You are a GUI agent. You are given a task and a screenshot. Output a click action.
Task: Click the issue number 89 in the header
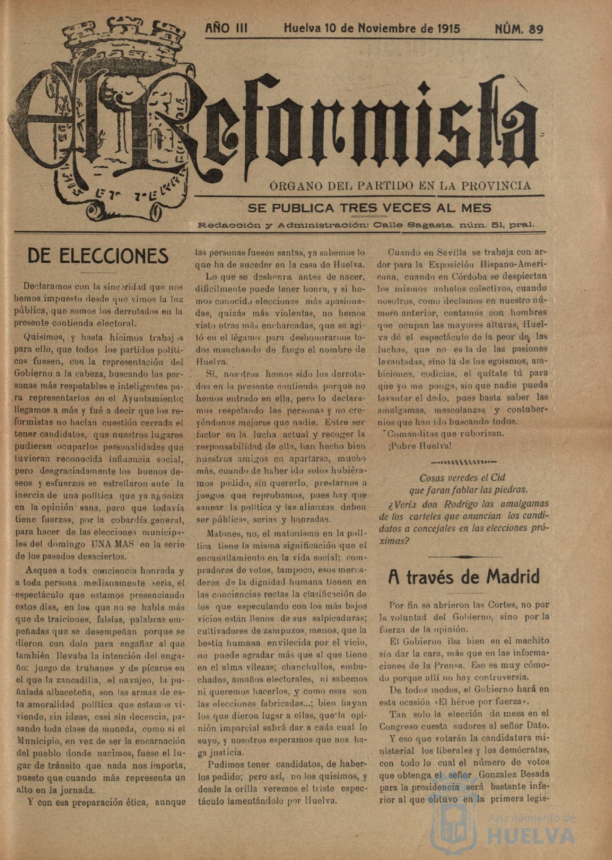pos(536,30)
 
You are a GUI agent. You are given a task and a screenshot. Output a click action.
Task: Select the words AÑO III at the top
pos(226,29)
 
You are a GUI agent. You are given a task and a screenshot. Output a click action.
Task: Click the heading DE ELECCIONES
pos(98,256)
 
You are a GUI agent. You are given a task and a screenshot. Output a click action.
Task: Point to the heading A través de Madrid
pos(464,577)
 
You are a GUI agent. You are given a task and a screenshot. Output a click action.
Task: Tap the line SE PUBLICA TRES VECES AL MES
pos(369,208)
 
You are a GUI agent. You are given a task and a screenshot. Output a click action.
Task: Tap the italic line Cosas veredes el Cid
pos(462,477)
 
